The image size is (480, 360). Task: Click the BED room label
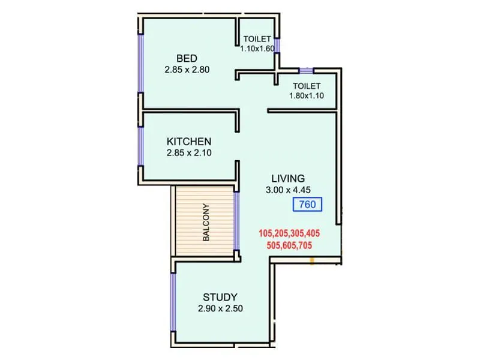tap(187, 58)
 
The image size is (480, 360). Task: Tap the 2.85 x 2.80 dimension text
tap(187, 70)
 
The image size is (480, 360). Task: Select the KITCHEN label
tap(189, 142)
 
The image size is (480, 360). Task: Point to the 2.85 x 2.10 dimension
tap(189, 153)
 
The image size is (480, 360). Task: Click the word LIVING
tap(288, 178)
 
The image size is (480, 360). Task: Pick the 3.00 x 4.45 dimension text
tap(288, 190)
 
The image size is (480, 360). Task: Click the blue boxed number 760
tap(307, 205)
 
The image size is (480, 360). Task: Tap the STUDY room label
tap(220, 297)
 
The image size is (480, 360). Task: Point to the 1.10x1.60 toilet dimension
tap(257, 49)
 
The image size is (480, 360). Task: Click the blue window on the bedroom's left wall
tap(140, 63)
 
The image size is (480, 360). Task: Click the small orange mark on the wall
tap(312, 260)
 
